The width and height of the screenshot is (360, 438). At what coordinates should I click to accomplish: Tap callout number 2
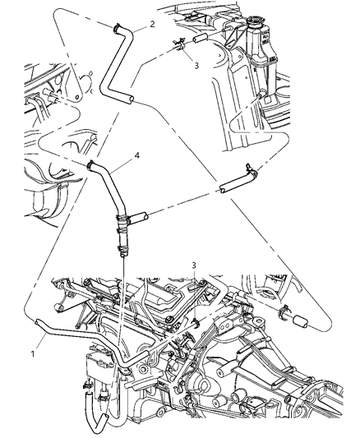152,26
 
